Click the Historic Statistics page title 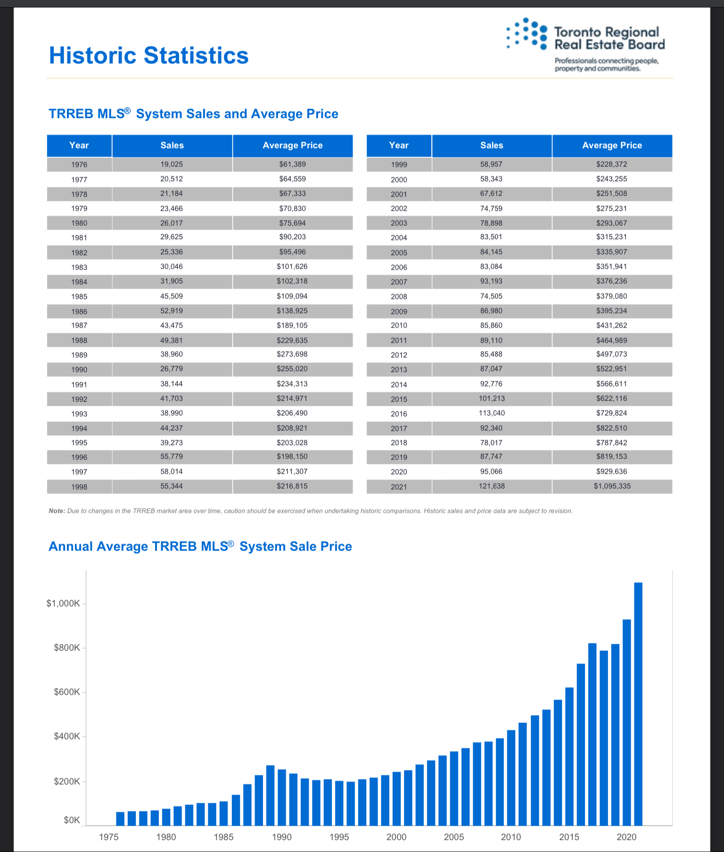pyautogui.click(x=148, y=56)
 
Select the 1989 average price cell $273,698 pyautogui.click(x=292, y=354)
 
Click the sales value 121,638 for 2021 pyautogui.click(x=492, y=486)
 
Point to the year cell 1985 pyautogui.click(x=79, y=297)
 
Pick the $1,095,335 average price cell pyautogui.click(x=612, y=486)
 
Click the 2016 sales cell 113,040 pyautogui.click(x=492, y=413)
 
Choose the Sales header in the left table pyautogui.click(x=172, y=146)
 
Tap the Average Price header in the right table pyautogui.click(x=612, y=146)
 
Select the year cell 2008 pyautogui.click(x=399, y=297)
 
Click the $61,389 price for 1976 pyautogui.click(x=292, y=164)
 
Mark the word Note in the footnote pyautogui.click(x=57, y=511)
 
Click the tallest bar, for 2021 pyautogui.click(x=638, y=704)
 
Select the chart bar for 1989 pyautogui.click(x=270, y=795)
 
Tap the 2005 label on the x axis pyautogui.click(x=454, y=837)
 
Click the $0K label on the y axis pyautogui.click(x=72, y=820)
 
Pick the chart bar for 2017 pyautogui.click(x=592, y=734)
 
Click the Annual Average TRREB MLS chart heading pyautogui.click(x=200, y=546)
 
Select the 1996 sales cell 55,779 pyautogui.click(x=172, y=457)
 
